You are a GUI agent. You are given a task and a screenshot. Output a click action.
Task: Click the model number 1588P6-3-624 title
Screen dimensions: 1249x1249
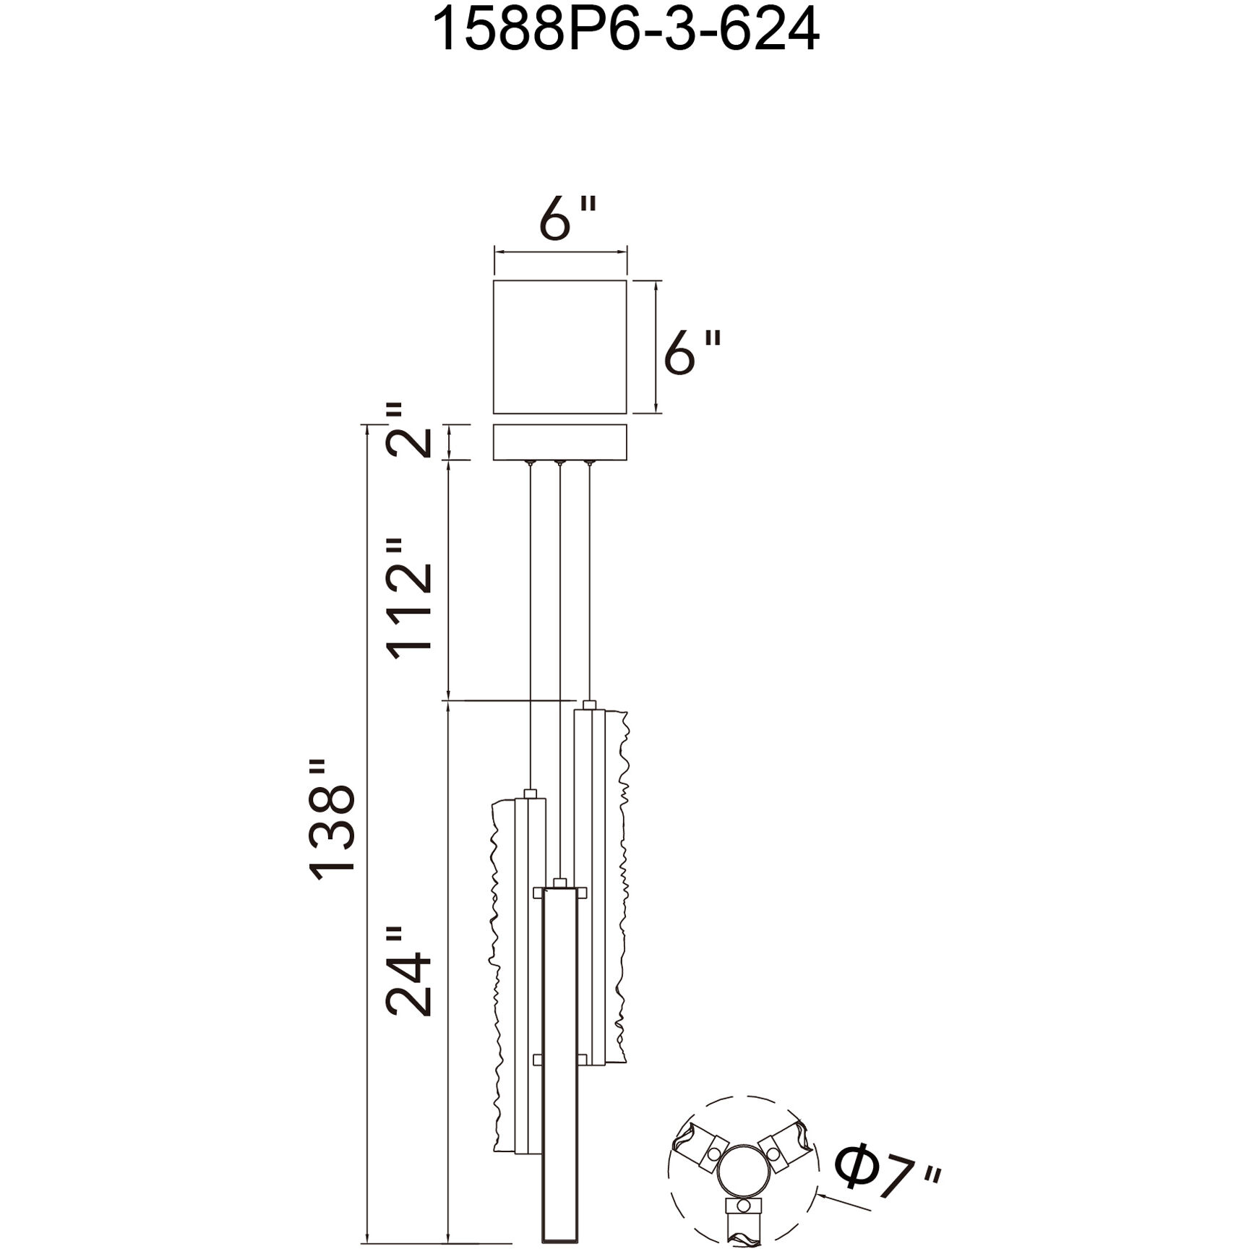click(x=625, y=30)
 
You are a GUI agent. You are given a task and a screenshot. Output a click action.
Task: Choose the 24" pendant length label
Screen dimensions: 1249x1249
click(x=409, y=971)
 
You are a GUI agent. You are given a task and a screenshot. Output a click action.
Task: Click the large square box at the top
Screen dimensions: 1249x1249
click(x=559, y=346)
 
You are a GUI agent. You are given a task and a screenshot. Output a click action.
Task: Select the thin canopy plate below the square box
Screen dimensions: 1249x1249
click(x=559, y=442)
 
